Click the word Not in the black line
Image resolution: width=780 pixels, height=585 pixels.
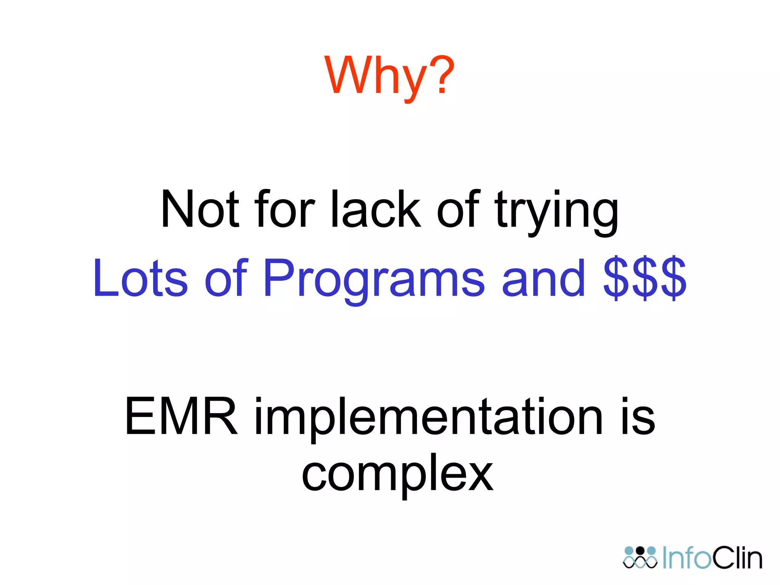(200, 209)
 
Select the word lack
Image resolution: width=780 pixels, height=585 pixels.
(376, 209)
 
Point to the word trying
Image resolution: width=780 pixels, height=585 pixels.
(556, 211)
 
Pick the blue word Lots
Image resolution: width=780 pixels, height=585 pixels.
(140, 278)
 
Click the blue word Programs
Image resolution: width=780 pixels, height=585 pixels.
(373, 280)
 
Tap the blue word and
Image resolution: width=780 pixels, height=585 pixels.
(543, 278)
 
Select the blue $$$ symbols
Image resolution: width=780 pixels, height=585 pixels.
(645, 278)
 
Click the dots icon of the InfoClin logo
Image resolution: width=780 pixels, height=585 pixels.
(640, 558)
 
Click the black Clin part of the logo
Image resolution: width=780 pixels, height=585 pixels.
(737, 558)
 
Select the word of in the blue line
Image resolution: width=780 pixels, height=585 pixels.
(226, 278)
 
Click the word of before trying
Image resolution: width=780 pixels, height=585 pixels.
(458, 209)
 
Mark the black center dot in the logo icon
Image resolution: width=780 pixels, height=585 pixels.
(640, 551)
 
